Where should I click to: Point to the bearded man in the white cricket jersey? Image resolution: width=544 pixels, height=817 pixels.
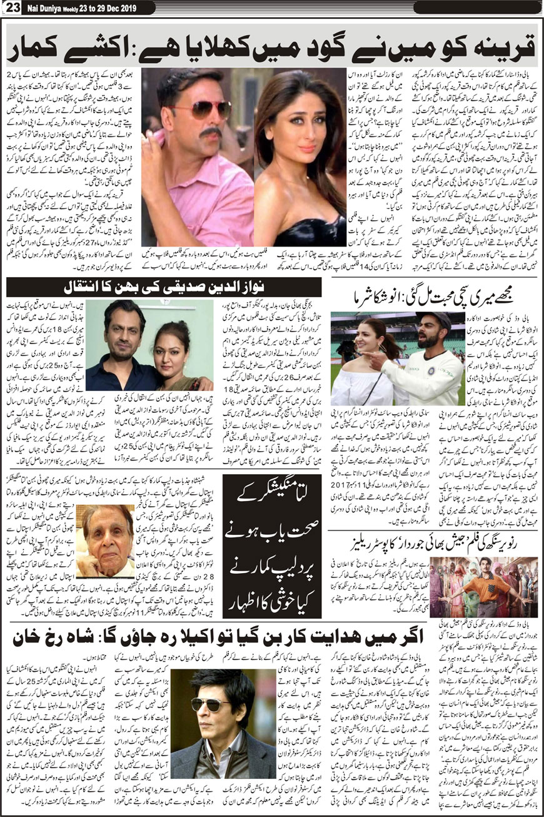(438, 341)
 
